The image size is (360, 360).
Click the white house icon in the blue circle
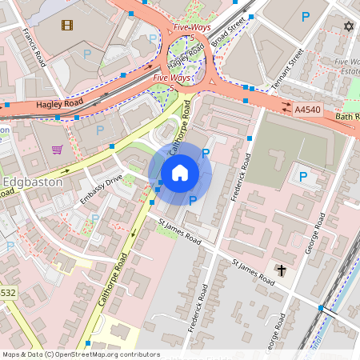[x=180, y=172]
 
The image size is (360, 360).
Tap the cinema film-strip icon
[x=66, y=24]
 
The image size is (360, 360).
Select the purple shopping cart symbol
[x=57, y=149]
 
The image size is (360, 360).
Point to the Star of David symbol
[x=348, y=26]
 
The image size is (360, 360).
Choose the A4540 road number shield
[x=308, y=108]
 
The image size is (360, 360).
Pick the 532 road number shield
[x=8, y=293]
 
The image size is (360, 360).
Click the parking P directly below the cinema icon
[x=87, y=54]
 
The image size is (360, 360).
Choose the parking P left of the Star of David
[x=305, y=16]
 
